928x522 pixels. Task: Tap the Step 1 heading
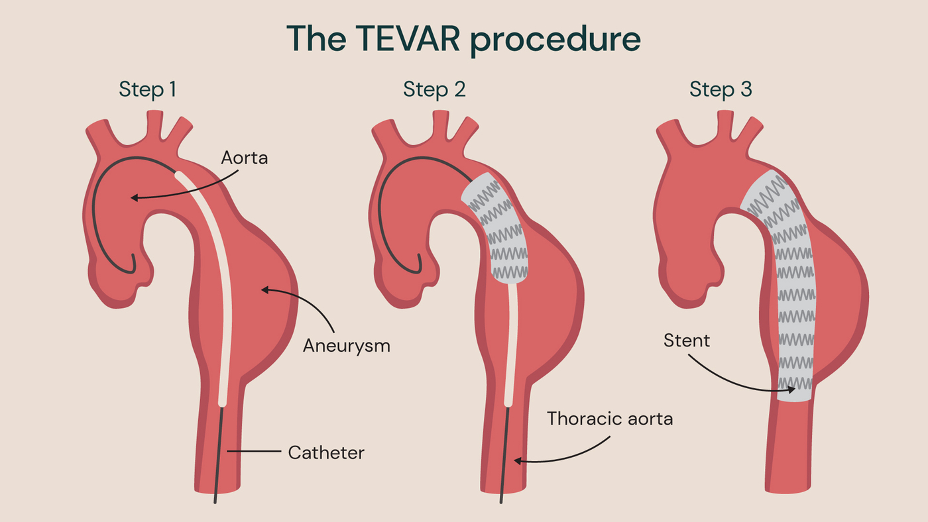[x=148, y=89]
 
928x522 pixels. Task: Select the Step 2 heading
[x=434, y=89]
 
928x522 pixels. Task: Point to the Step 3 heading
[x=721, y=89]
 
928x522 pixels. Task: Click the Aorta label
[x=245, y=158]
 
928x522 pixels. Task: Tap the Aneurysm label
[x=347, y=345]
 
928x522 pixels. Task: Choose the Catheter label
[x=326, y=453]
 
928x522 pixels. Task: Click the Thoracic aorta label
[x=610, y=419]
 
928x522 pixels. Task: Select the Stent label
[x=687, y=341]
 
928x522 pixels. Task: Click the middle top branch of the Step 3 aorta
[x=725, y=123]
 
